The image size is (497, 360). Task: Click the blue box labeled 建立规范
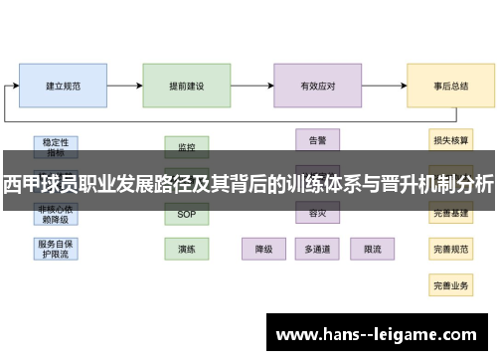(64, 87)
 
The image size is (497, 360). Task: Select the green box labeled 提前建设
(186, 87)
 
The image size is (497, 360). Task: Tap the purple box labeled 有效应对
(317, 87)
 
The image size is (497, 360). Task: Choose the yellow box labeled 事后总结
(450, 87)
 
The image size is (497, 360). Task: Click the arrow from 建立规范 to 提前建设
(124, 87)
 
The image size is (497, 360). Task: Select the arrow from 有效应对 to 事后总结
(384, 87)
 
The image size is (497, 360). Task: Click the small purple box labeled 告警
(317, 139)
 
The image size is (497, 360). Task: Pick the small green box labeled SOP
(186, 215)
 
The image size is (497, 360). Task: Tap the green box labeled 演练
(186, 249)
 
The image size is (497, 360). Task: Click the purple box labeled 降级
(264, 249)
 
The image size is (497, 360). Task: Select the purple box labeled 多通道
(317, 249)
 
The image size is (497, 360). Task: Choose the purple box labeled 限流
(373, 249)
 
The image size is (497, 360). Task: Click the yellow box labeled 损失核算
(450, 140)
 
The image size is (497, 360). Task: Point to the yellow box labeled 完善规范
(450, 250)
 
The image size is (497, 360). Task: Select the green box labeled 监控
(186, 147)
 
